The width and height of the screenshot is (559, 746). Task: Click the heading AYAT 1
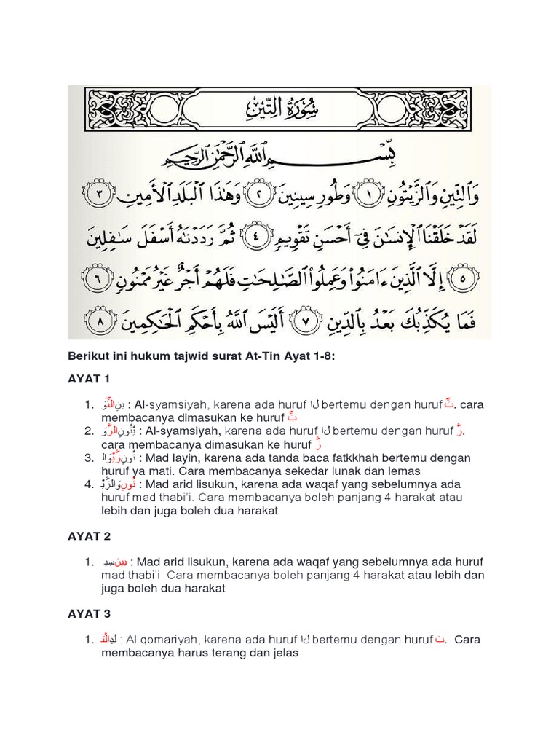pos(89,379)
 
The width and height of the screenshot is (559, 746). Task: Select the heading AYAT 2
pos(89,535)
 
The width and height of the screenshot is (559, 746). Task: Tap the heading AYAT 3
pos(89,613)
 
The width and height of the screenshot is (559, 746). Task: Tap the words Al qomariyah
pos(162,640)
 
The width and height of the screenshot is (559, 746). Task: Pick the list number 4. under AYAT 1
pos(89,484)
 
